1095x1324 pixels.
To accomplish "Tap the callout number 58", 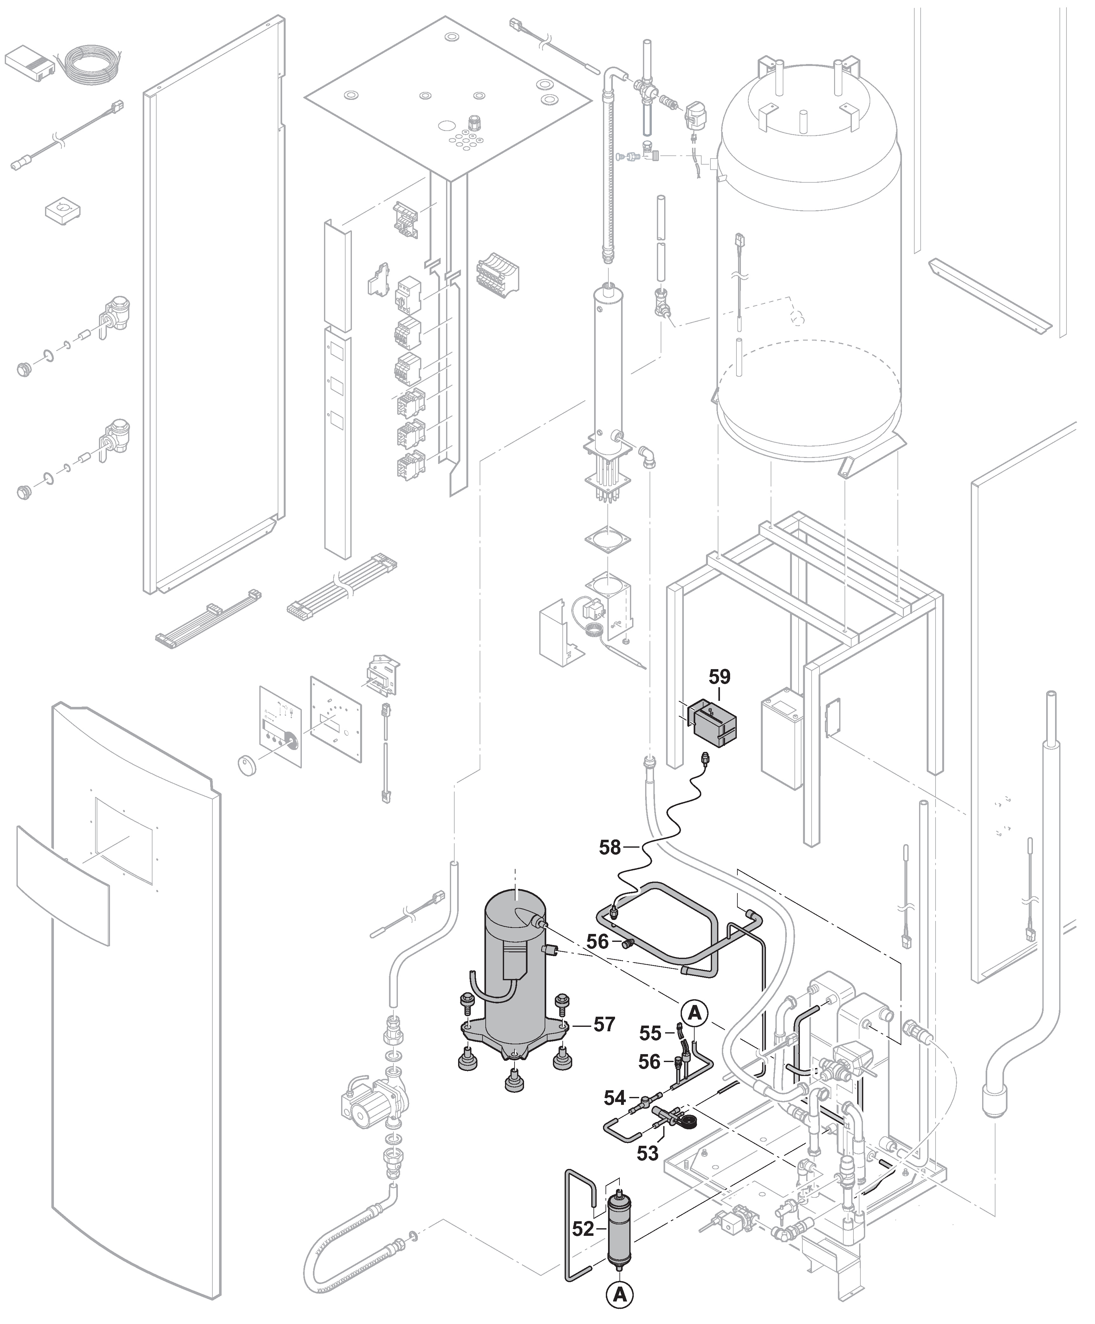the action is tap(610, 847).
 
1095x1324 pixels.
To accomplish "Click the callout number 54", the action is tap(615, 1098).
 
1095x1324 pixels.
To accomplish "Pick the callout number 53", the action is tap(647, 1152).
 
